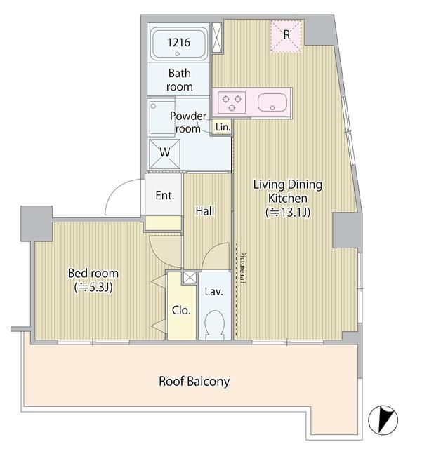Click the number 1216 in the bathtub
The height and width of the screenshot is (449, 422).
[x=178, y=42]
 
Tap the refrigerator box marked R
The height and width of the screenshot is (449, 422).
[x=286, y=36]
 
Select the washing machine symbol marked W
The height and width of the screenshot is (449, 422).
[x=164, y=154]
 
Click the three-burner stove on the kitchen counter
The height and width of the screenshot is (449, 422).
[x=232, y=102]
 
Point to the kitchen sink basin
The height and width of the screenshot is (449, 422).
[x=272, y=102]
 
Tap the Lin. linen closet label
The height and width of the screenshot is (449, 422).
[x=223, y=127]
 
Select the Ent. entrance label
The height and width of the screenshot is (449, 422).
[x=165, y=195]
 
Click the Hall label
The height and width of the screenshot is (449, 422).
[x=205, y=211]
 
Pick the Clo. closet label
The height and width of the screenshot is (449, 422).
[x=181, y=310]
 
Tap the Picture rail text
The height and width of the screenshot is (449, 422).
[x=242, y=268]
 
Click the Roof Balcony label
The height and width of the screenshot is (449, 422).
[x=194, y=382]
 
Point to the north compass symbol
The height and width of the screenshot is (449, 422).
[x=383, y=420]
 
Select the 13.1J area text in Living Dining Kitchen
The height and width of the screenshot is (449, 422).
[x=288, y=213]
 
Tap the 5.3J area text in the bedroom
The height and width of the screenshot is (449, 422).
[x=93, y=287]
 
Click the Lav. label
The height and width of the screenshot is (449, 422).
[x=214, y=292]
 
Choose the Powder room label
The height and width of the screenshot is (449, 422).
[x=188, y=122]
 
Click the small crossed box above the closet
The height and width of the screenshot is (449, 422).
[x=190, y=278]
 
